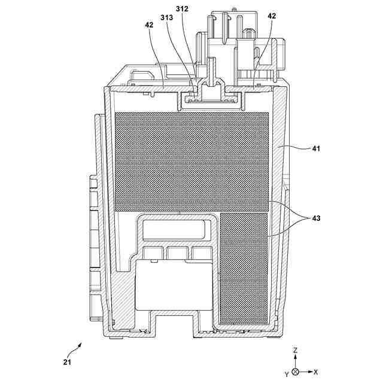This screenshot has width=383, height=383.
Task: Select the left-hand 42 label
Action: pos(149,25)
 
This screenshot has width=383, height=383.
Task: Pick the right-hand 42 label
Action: pos(272,17)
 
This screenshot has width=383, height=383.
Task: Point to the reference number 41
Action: pos(317,148)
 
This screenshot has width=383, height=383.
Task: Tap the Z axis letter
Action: pos(296,349)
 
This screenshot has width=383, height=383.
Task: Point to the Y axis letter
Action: pos(286,373)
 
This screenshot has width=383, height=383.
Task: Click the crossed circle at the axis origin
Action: pos(296,372)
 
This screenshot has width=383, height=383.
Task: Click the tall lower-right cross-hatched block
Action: pos(244,266)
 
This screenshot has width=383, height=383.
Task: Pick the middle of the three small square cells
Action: pos(178,253)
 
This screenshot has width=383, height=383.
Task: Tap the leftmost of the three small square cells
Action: pos(154,253)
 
